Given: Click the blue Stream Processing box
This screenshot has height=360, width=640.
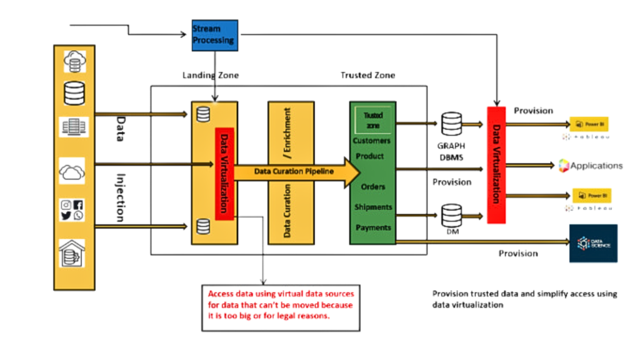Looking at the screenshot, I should [x=214, y=36].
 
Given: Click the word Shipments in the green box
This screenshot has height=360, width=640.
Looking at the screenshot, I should [x=373, y=207].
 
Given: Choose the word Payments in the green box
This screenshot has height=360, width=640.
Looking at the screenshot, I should [x=373, y=227].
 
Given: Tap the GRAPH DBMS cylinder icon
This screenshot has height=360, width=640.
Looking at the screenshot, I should [x=451, y=124].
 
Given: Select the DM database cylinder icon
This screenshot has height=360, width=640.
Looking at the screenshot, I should [x=451, y=216].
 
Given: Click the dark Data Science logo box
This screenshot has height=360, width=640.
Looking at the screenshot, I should [x=592, y=243].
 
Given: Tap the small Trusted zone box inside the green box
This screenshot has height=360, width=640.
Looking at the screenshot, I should [x=373, y=119].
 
